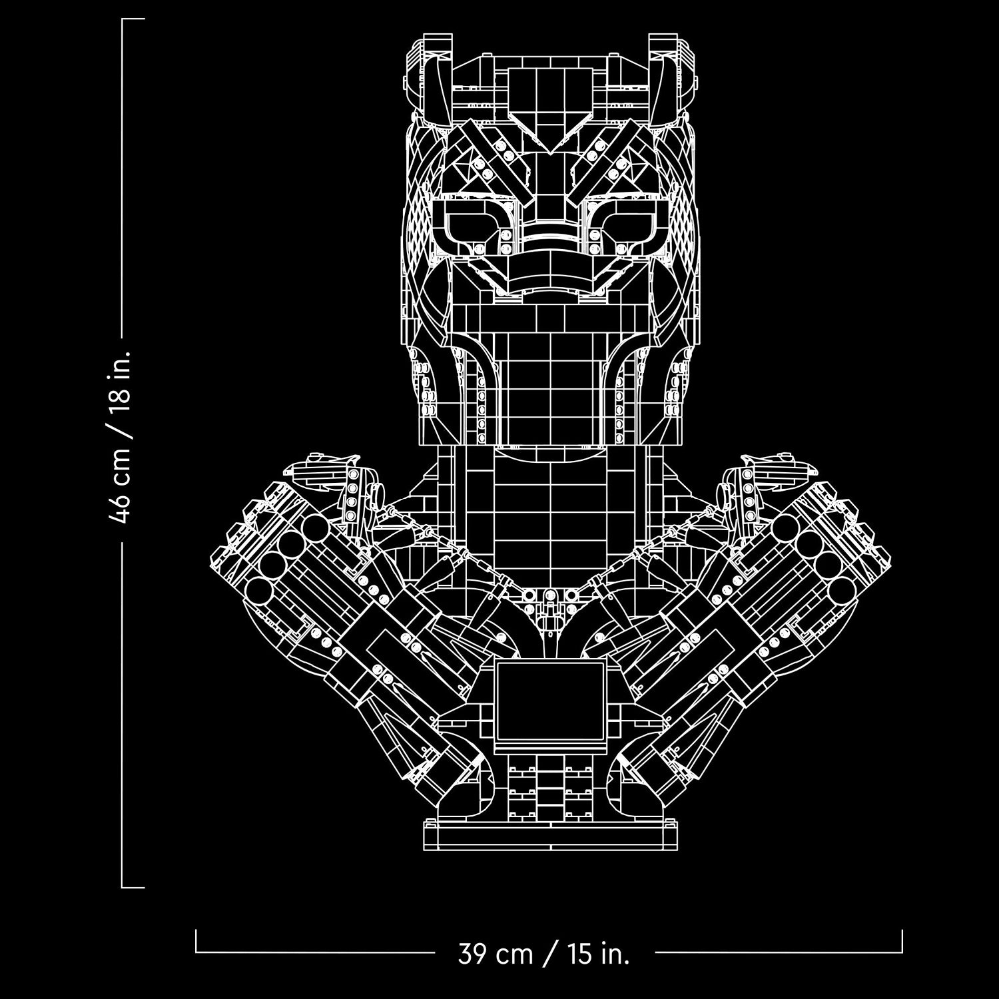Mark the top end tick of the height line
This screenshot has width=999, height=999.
[x=133, y=20]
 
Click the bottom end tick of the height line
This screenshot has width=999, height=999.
[x=133, y=886]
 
